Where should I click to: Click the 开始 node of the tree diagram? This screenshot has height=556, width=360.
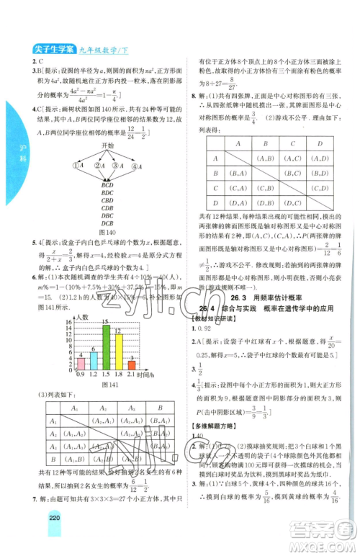pos(107,145)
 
